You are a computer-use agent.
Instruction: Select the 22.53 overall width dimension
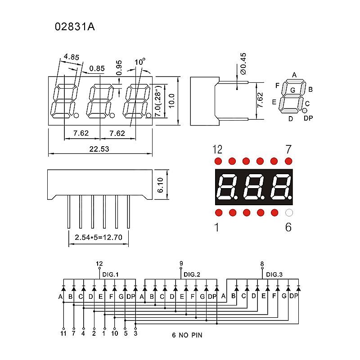tap(99, 149)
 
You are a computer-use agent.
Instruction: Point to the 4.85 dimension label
tap(72, 57)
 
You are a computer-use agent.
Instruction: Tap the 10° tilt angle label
tap(140, 62)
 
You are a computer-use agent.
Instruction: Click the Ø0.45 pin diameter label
tap(243, 63)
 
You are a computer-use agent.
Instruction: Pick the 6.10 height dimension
tap(161, 185)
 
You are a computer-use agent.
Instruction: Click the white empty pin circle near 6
tap(289, 212)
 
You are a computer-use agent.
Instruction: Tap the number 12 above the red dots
tap(218, 149)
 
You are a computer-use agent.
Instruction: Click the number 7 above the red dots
tap(288, 149)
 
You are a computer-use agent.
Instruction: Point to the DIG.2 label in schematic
tap(192, 274)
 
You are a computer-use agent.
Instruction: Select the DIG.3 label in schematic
tap(274, 274)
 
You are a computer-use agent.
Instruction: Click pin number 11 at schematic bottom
tap(63, 333)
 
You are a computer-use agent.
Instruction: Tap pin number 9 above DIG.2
tap(181, 264)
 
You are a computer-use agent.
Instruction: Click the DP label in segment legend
tap(308, 118)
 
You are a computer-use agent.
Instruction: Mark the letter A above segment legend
tap(294, 75)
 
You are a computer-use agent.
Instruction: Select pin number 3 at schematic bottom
tap(135, 333)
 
